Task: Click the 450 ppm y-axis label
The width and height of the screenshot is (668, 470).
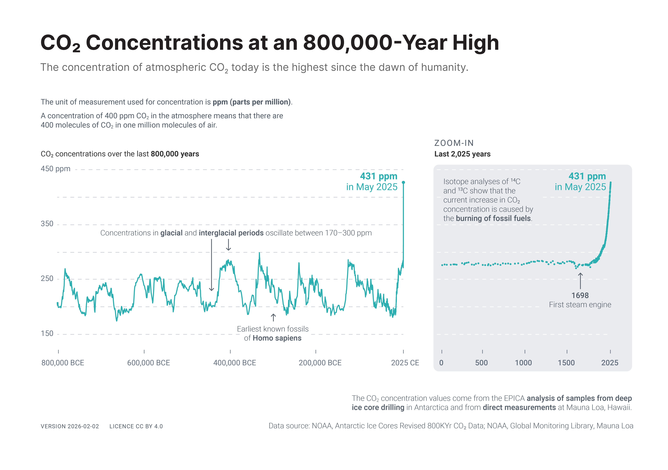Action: point(56,169)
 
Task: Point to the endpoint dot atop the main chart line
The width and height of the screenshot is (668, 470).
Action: point(403,182)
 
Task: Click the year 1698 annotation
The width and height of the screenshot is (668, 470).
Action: point(580,296)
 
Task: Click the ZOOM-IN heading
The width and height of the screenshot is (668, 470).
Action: point(454,143)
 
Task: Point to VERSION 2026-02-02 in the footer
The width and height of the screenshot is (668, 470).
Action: point(70,426)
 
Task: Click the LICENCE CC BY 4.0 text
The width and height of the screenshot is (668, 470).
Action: point(136,426)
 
